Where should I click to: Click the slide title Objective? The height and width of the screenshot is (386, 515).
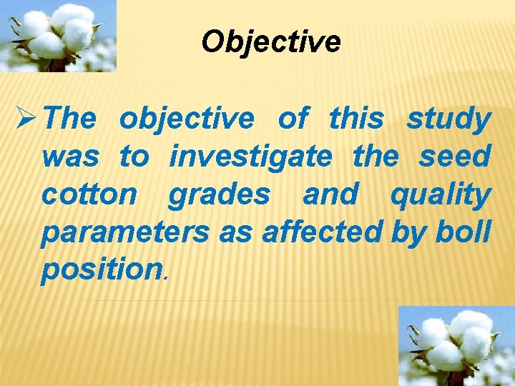coord(271,41)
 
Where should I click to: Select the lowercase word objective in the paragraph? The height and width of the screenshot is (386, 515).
coord(186,119)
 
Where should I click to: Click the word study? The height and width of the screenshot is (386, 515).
coord(448,119)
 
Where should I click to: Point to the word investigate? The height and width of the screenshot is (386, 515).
coord(250,157)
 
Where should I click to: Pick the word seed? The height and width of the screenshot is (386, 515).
coord(454,157)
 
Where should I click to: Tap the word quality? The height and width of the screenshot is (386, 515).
coord(440,194)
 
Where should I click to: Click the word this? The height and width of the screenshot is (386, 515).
coord(355,119)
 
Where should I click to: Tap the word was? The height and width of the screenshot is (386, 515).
coord(69,157)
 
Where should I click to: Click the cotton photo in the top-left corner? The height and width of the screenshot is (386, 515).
coord(58,36)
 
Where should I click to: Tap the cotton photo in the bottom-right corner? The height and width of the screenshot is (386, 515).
coord(456,346)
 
